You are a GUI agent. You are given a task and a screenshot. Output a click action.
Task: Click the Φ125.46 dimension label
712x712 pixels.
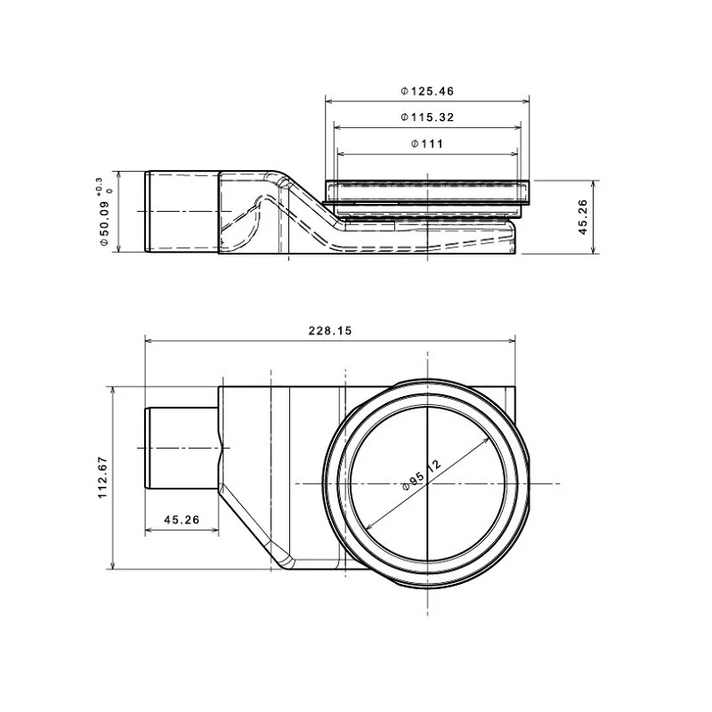pyautogui.click(x=427, y=92)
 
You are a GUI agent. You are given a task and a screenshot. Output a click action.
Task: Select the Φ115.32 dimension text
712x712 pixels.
pyautogui.click(x=427, y=117)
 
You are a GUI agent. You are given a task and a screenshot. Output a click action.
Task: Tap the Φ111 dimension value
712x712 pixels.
pyautogui.click(x=427, y=144)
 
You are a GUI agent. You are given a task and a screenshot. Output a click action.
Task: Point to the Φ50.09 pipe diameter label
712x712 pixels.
pyautogui.click(x=104, y=222)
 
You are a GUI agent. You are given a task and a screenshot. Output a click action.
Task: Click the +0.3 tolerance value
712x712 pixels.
pyautogui.click(x=99, y=186)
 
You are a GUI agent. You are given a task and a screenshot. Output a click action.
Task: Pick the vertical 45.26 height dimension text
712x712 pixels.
pyautogui.click(x=583, y=217)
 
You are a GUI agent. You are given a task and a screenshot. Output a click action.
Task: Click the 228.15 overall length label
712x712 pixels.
pyautogui.click(x=330, y=330)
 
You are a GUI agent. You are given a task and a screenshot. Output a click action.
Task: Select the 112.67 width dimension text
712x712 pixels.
pyautogui.click(x=102, y=477)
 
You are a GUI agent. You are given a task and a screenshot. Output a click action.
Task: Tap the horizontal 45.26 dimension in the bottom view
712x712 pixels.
pyautogui.click(x=182, y=520)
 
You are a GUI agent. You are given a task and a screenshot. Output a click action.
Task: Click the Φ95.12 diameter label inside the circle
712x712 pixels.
pyautogui.click(x=422, y=474)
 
